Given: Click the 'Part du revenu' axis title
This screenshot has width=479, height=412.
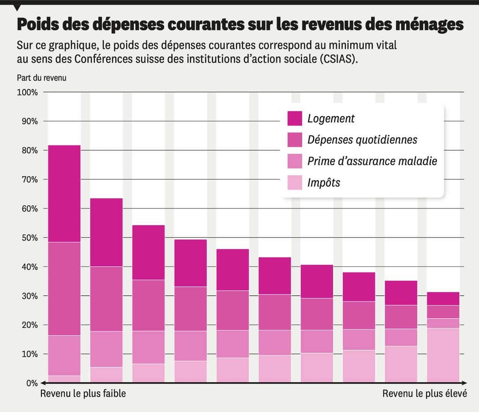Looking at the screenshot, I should (x=41, y=78).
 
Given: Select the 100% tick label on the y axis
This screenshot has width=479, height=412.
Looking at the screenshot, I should (x=27, y=93).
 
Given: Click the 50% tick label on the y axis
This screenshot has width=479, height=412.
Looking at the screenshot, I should (x=29, y=238).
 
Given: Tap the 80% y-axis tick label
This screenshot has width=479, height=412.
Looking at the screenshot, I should (x=29, y=151).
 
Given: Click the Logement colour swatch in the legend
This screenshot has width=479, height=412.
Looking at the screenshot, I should (x=294, y=118).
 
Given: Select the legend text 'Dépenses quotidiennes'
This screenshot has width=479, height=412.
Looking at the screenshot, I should (x=362, y=140).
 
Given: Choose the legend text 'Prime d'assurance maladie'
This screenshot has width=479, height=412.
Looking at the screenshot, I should (x=372, y=161).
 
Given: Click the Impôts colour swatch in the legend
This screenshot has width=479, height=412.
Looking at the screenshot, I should (x=294, y=183).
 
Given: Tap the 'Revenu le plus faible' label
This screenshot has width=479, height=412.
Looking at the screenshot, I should (x=83, y=393).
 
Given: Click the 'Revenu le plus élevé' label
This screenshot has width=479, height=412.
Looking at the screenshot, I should (x=424, y=393).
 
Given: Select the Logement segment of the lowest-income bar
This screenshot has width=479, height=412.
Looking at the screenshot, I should (x=64, y=193).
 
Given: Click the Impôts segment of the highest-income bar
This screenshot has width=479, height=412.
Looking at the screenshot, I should (x=443, y=355).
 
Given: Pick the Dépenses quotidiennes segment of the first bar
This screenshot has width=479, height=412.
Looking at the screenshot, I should (x=64, y=288).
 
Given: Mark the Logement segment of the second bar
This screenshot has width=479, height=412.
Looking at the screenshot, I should (x=106, y=232).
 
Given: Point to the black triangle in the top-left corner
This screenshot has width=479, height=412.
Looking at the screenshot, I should (x=17, y=7).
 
